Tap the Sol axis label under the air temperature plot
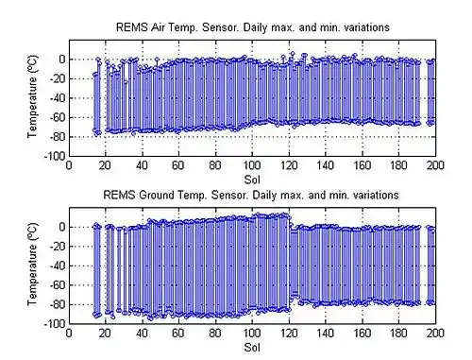tap(252, 178)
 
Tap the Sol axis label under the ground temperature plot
tap(252, 346)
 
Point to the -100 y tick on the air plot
tap(53, 156)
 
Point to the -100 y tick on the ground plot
tap(53, 324)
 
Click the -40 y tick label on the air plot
tap(56, 98)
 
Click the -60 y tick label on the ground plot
tap(56, 285)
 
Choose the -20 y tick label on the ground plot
tap(56, 247)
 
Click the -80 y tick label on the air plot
tap(56, 136)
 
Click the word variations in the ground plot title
tap(375, 195)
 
